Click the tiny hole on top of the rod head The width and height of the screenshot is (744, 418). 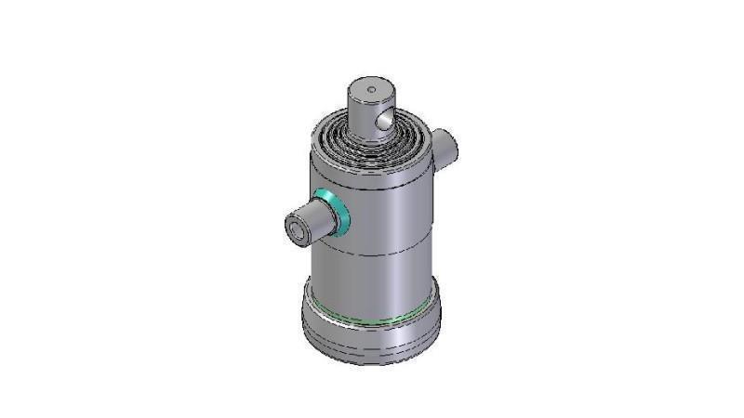point(370,90)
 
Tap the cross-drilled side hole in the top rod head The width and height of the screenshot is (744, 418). point(382,120)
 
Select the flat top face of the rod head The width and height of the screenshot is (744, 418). point(370,92)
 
